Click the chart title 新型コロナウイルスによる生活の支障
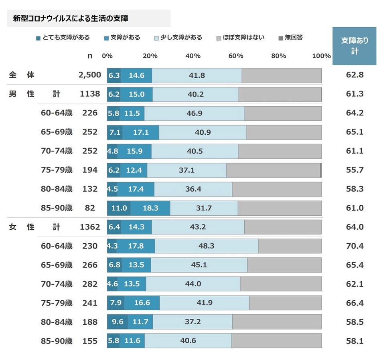point(71,18)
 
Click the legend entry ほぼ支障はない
point(241,38)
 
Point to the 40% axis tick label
point(193,56)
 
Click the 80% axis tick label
point(278,56)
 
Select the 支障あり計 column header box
point(355,46)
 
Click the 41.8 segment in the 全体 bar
point(197,75)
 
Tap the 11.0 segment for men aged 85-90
point(119,208)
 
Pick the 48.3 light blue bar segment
point(206,246)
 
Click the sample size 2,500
point(89,75)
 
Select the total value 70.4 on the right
point(355,246)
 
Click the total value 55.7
point(355,170)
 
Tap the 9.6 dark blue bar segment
point(117,322)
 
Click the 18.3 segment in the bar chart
point(150,208)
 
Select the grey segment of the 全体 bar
point(282,75)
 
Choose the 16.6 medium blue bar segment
point(142,303)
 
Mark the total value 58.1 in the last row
point(355,341)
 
